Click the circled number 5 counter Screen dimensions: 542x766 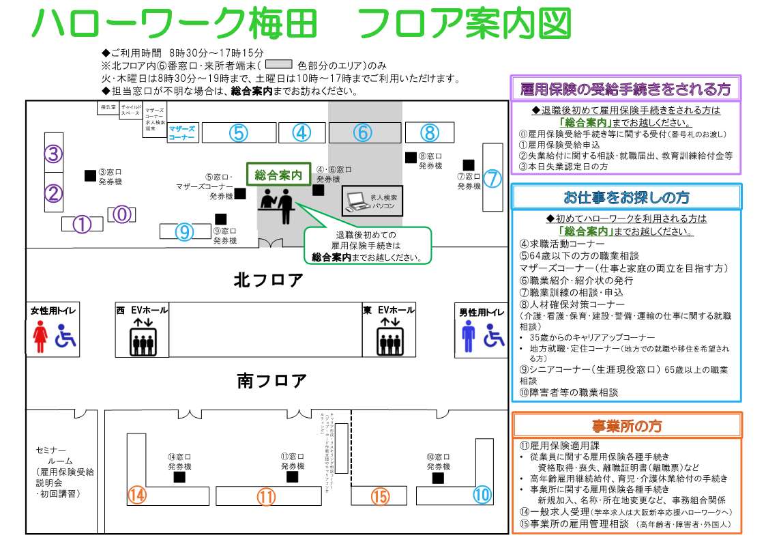237,133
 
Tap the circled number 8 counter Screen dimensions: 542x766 429,132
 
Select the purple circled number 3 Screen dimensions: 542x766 54,154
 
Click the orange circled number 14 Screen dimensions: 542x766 137,496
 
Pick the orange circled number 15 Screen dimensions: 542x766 380,496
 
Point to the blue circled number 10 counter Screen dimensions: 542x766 482,494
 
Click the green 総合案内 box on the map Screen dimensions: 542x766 278,175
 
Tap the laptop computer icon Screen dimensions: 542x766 357,201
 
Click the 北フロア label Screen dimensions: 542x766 268,280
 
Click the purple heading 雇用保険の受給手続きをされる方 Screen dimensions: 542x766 625,89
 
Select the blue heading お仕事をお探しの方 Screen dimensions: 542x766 625,197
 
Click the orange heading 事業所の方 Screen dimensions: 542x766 625,426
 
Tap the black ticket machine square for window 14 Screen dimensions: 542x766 179,478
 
